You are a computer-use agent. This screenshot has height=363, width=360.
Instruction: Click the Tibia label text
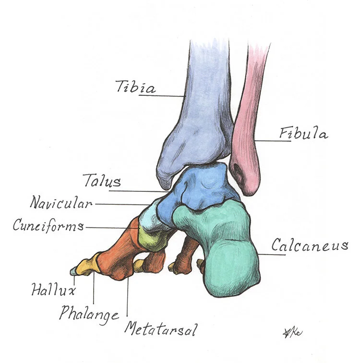[136, 88]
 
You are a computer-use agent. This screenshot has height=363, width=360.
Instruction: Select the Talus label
[102, 181]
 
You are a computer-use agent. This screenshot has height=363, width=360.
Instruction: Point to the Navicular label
[61, 202]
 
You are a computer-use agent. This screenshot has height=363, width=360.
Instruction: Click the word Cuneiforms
[48, 225]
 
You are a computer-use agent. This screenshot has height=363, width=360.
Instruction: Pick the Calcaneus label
[310, 246]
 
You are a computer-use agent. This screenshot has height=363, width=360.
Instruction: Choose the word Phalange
[89, 314]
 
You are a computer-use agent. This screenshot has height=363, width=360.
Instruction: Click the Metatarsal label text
[160, 329]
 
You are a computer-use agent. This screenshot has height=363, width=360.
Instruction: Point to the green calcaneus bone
[226, 249]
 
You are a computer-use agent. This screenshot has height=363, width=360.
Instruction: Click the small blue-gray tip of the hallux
[73, 272]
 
